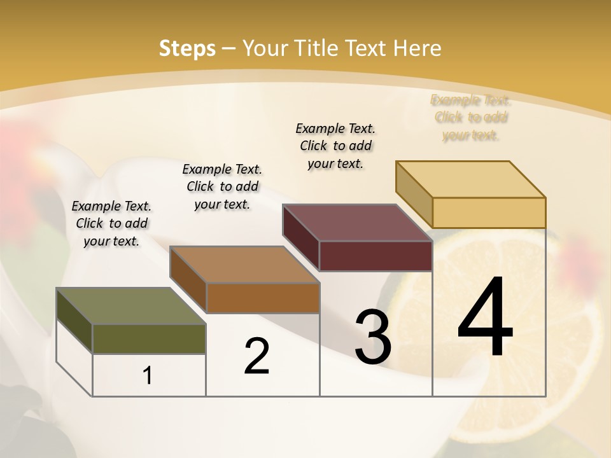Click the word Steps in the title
187,48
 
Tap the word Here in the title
417,48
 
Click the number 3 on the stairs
372,337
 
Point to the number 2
256,356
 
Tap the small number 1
148,375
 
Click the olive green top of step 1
130,306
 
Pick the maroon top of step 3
357,223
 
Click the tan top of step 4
470,179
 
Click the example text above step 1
111,223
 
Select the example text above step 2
222,186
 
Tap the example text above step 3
335,146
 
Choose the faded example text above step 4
471,118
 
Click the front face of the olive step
149,338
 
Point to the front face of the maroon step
376,256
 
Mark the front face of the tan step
489,212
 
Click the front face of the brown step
262,298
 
